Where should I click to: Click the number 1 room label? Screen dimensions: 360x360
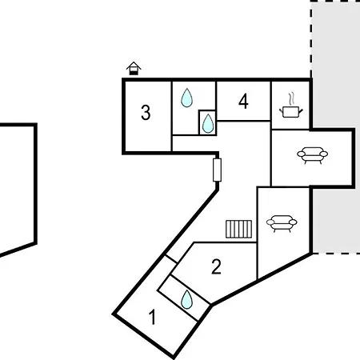click(x=152, y=317)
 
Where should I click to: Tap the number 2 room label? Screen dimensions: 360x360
click(x=216, y=266)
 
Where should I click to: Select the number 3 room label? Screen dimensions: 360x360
click(x=146, y=113)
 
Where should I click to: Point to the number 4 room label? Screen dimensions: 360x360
click(x=243, y=102)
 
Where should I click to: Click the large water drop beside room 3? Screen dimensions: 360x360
click(x=186, y=98)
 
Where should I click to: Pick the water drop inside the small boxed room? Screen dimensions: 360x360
click(x=208, y=123)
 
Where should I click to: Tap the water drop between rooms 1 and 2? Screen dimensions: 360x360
click(x=186, y=300)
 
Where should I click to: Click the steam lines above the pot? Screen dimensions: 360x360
click(x=292, y=98)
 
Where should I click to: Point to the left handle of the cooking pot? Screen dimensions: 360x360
click(x=282, y=110)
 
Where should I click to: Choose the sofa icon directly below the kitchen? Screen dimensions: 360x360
click(x=313, y=155)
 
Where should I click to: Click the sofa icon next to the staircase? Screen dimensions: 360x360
click(x=282, y=223)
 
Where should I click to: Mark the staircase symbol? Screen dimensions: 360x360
click(x=238, y=229)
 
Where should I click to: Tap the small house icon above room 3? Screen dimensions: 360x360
click(x=134, y=68)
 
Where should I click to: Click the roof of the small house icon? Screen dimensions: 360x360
click(x=134, y=66)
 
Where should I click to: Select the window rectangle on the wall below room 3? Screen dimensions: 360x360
click(x=218, y=170)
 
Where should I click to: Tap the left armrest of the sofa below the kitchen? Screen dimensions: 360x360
click(x=301, y=154)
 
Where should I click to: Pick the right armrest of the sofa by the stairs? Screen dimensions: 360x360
click(x=294, y=222)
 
